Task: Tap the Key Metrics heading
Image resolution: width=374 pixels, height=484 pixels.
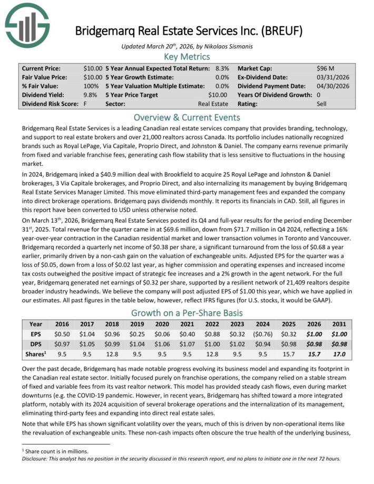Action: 187,56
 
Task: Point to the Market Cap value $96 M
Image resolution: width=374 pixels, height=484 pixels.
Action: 326,68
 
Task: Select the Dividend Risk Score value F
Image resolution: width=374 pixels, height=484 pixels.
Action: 85,104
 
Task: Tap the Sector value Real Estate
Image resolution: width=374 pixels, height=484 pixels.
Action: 213,104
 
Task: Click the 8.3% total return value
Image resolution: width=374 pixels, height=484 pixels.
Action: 221,68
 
